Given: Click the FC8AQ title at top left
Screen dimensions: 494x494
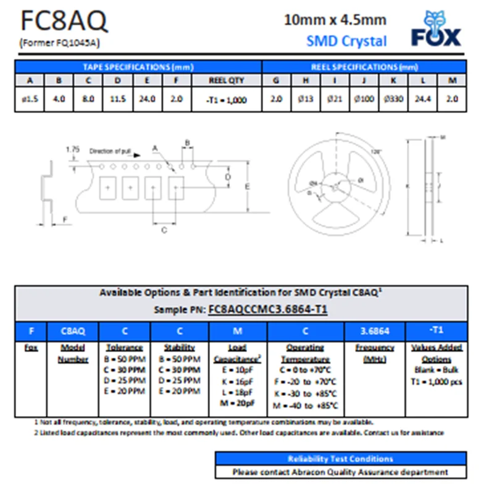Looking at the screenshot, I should (x=64, y=22).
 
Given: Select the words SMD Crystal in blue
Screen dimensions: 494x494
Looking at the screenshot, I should (x=346, y=41).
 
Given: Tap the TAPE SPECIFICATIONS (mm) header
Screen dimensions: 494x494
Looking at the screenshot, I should (x=138, y=67).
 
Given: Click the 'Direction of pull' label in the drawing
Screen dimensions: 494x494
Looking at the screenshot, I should (x=111, y=151).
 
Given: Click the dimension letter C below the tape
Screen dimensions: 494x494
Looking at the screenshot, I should (x=164, y=230).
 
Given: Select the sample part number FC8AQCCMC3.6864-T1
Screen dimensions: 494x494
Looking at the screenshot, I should (x=268, y=309).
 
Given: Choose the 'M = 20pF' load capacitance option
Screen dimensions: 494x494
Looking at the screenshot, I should (x=237, y=403).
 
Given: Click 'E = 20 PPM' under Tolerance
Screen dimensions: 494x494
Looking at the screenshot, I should (x=124, y=391).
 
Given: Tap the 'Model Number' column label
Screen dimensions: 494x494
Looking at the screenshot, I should (x=72, y=353).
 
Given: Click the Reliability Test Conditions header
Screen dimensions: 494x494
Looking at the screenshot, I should (x=340, y=459).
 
